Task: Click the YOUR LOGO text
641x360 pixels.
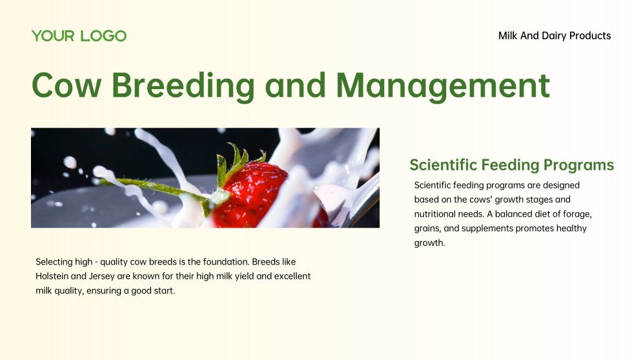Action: [x=79, y=36]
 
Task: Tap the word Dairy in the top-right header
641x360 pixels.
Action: [x=554, y=36]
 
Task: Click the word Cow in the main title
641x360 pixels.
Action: [x=66, y=85]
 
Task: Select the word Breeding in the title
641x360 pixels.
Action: [x=183, y=86]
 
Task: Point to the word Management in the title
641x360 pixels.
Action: [x=443, y=86]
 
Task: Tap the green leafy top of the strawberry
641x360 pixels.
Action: [x=237, y=161]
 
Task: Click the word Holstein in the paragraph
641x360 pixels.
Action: [x=52, y=276]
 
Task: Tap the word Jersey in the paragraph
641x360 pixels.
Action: [x=102, y=277]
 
